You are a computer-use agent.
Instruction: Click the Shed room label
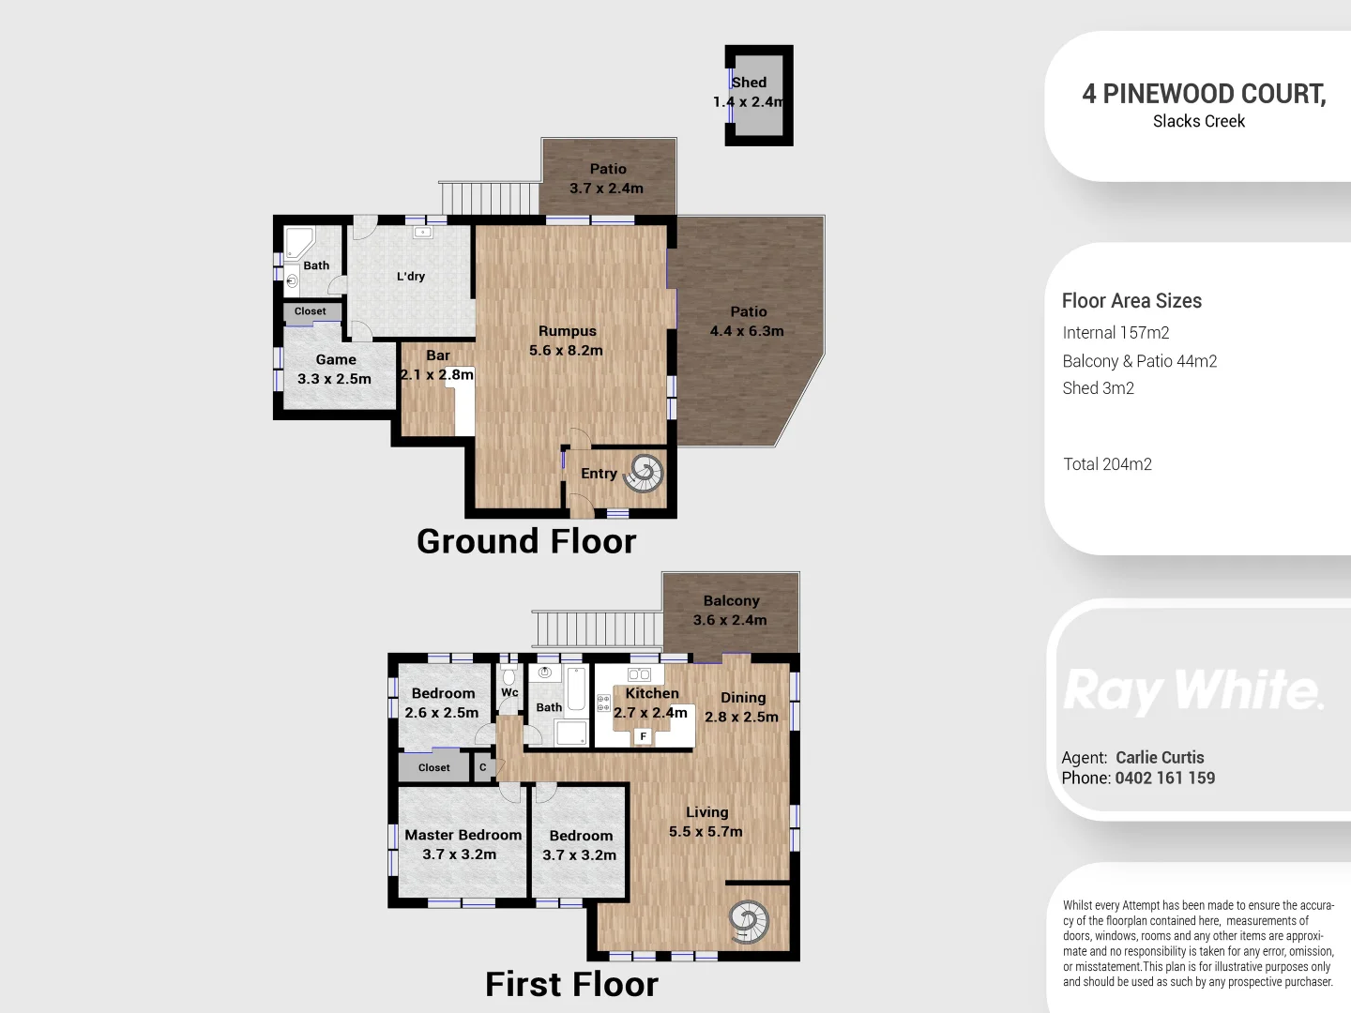click(x=749, y=83)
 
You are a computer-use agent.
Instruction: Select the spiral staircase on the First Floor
click(x=749, y=921)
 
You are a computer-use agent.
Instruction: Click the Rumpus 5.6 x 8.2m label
click(x=567, y=340)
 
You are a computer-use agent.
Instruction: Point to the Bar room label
click(x=437, y=356)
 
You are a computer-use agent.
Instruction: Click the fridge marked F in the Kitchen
click(x=644, y=736)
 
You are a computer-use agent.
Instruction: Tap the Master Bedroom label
click(x=463, y=835)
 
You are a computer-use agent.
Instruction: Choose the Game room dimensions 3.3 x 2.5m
click(x=334, y=379)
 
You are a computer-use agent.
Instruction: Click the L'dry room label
click(x=410, y=277)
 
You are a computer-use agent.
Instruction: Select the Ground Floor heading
click(x=525, y=541)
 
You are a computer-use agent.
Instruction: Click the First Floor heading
click(x=571, y=984)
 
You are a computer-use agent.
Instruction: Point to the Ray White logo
click(x=1193, y=691)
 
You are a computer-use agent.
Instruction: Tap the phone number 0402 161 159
click(x=1164, y=778)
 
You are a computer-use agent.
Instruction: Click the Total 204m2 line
click(x=1107, y=464)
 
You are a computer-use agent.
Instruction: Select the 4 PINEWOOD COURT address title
click(x=1203, y=94)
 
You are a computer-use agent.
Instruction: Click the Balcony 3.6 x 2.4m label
click(x=730, y=610)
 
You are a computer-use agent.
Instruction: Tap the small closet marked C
click(x=483, y=767)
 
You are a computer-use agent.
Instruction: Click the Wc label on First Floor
click(x=509, y=693)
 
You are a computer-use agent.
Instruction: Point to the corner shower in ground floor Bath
click(x=300, y=242)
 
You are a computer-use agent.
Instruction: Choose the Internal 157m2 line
click(x=1116, y=333)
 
